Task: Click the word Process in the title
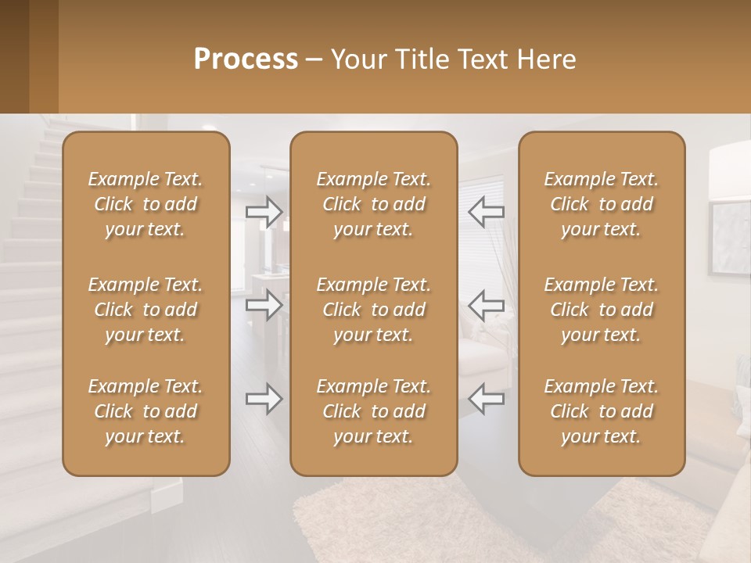point(246,59)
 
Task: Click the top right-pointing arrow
point(264,211)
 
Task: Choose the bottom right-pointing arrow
point(264,399)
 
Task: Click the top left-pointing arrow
point(487,211)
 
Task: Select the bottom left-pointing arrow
point(487,399)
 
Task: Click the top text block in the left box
point(146,204)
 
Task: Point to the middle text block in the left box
point(146,310)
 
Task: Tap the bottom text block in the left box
point(146,411)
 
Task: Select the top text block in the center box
point(373,204)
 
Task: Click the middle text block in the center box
point(373,310)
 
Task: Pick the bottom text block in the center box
point(373,411)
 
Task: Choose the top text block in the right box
point(602,204)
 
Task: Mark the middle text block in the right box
point(602,310)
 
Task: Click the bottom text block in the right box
point(602,411)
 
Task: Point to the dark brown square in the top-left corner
point(14,56)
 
